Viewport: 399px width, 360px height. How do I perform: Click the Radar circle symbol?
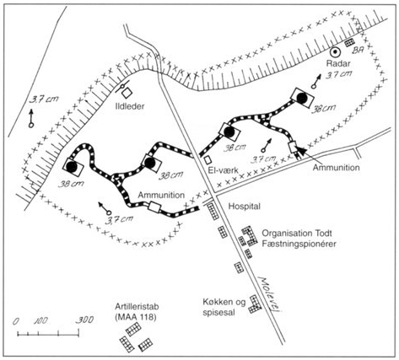[335, 51]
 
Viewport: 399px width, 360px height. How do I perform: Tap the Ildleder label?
[130, 106]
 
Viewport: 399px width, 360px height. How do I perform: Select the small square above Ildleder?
[127, 93]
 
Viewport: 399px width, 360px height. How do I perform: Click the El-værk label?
[224, 170]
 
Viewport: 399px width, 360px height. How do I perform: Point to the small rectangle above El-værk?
[208, 159]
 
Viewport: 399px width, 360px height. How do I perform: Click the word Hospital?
[244, 206]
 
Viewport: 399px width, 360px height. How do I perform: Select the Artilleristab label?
[135, 306]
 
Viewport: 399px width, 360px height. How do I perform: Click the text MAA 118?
[136, 317]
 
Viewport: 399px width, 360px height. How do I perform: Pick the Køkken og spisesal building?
[255, 304]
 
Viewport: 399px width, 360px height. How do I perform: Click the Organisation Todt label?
[297, 233]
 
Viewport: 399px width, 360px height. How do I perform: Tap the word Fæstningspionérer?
[299, 244]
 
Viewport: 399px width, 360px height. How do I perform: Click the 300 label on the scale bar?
[85, 320]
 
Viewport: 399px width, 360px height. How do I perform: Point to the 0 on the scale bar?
[16, 321]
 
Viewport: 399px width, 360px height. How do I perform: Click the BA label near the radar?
[359, 51]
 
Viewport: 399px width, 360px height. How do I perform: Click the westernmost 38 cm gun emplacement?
[73, 167]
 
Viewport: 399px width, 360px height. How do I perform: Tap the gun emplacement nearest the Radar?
[301, 98]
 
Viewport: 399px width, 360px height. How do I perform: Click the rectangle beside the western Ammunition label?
[154, 207]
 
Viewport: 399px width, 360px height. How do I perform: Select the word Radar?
[338, 63]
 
